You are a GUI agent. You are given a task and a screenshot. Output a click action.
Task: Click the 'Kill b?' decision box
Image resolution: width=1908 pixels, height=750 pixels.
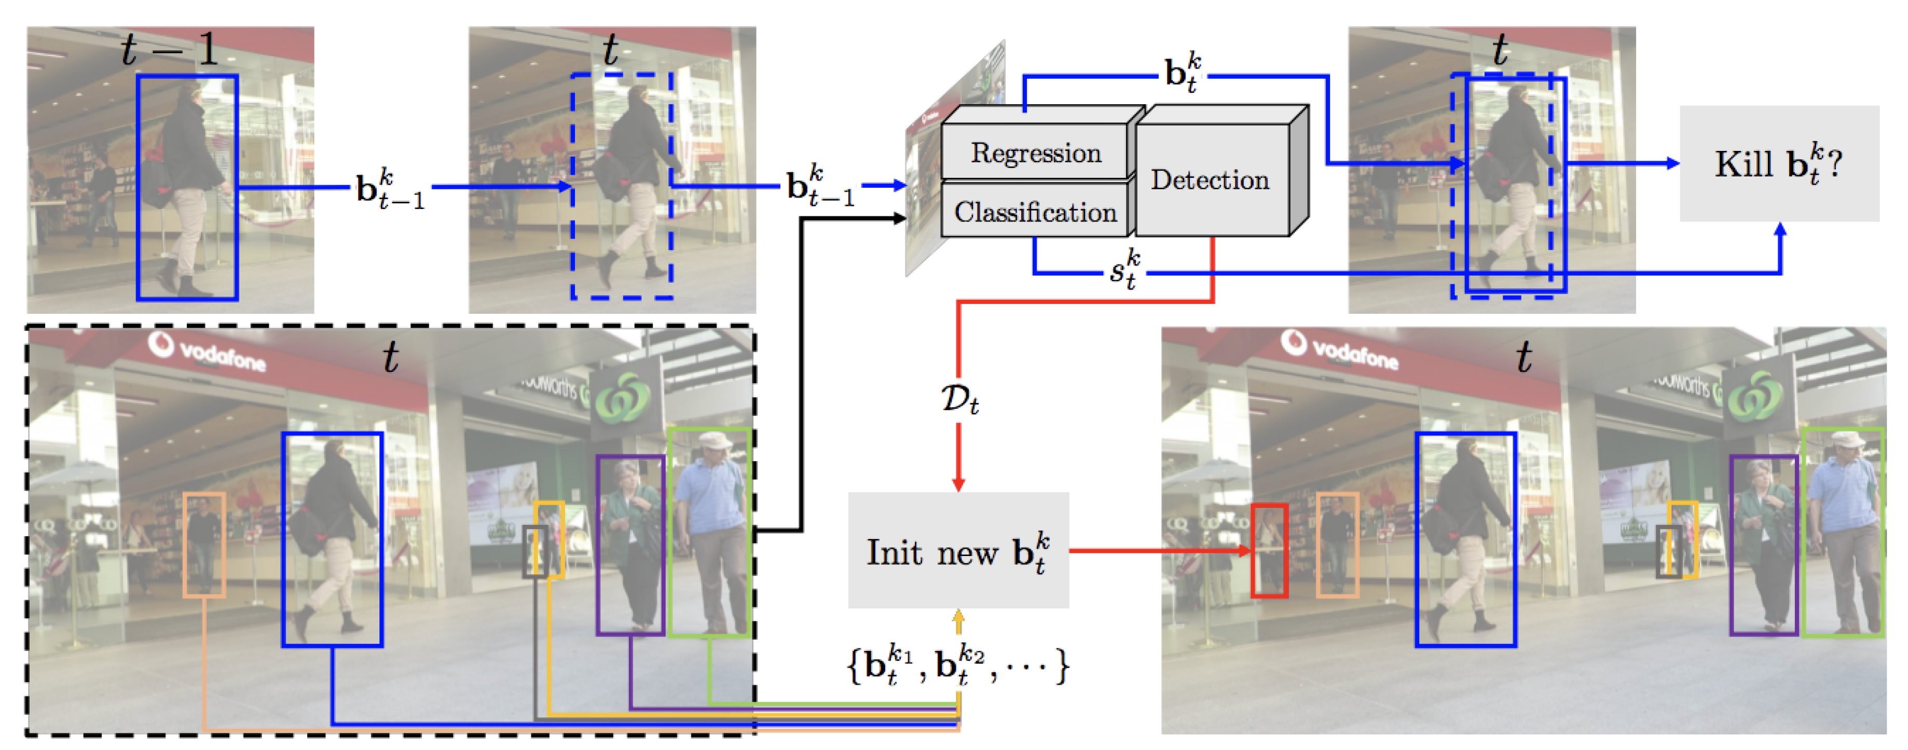[1778, 163]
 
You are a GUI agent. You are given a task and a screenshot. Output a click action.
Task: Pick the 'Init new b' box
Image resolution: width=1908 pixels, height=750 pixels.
[958, 551]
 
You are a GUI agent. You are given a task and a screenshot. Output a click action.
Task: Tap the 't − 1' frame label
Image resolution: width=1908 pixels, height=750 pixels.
[170, 50]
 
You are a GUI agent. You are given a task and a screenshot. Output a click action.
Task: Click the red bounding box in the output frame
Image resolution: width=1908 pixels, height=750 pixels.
[1269, 550]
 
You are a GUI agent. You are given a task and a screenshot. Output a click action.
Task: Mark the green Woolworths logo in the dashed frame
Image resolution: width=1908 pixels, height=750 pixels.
[622, 396]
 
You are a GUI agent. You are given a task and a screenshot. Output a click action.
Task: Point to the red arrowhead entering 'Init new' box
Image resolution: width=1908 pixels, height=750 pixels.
[958, 485]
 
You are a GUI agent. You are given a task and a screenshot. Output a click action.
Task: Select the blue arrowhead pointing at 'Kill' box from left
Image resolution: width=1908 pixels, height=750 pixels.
[1672, 163]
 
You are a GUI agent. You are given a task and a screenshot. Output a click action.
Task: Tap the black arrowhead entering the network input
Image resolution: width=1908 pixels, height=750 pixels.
[899, 218]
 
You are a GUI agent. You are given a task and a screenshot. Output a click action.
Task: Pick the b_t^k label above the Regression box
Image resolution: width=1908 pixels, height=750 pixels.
[1183, 73]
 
